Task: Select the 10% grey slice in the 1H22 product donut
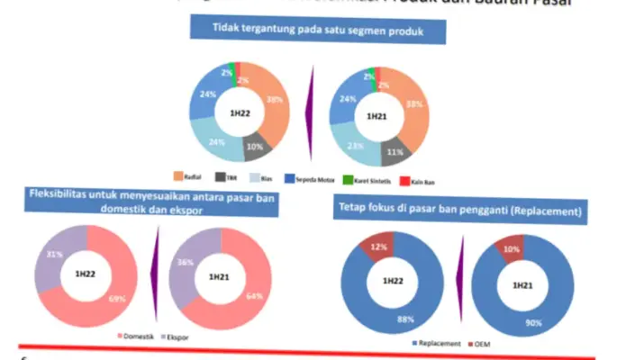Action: pos(255,147)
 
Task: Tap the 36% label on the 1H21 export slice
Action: pos(185,263)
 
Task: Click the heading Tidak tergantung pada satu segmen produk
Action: pos(318,30)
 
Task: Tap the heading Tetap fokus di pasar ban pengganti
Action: pos(459,211)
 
